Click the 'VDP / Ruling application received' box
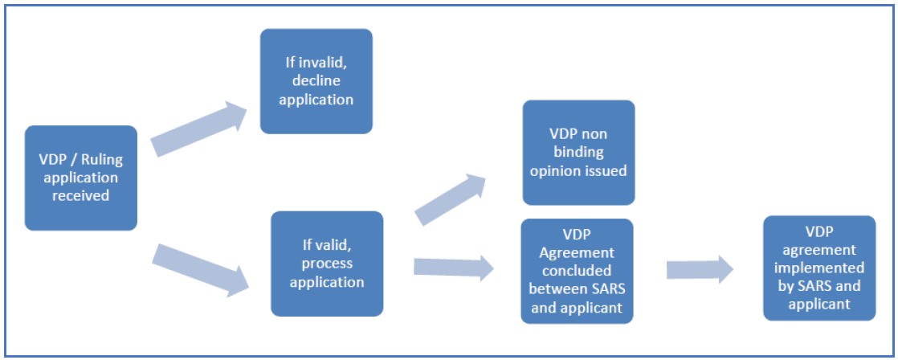(81, 178)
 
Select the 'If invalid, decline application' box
(316, 81)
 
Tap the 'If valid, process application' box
(327, 264)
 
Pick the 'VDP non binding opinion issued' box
(578, 153)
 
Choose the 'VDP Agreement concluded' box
(578, 271)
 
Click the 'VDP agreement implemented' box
(819, 268)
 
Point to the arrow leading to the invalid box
(198, 129)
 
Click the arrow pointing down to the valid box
(201, 270)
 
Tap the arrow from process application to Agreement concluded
(454, 267)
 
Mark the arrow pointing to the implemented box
(700, 269)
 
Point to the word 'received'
(81, 195)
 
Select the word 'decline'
(316, 81)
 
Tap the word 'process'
(327, 264)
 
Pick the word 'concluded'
(578, 271)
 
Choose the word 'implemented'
(819, 268)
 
